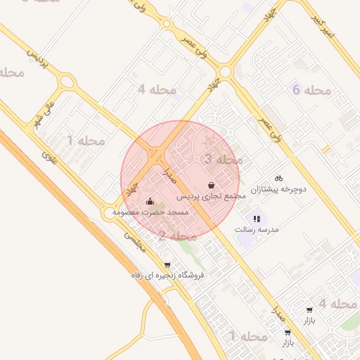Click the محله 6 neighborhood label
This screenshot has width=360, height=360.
(310, 90)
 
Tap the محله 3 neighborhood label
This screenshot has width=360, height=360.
(218, 160)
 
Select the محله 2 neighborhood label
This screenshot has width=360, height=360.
(172, 236)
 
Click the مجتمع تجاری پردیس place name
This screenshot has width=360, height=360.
(211, 196)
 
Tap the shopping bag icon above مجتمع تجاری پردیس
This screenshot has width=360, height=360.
(212, 185)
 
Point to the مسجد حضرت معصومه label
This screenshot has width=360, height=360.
(150, 212)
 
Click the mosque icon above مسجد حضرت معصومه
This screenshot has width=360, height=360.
(150, 201)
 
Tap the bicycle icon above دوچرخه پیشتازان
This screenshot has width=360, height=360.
(279, 179)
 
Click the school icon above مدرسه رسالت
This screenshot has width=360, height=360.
(257, 219)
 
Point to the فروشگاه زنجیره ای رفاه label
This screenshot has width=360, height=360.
(167, 275)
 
